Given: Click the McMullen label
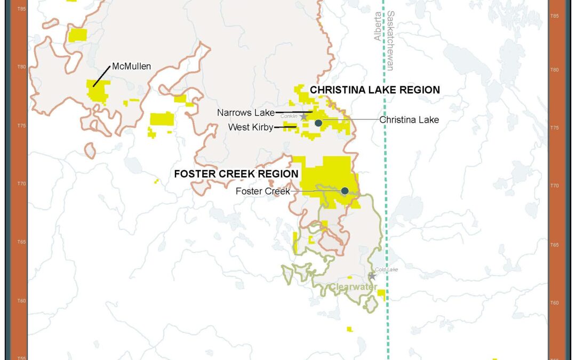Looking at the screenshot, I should click(131, 67).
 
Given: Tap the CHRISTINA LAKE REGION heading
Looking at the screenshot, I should click(375, 90).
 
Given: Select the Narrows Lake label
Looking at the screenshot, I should click(245, 113).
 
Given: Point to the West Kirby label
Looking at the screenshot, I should click(251, 127).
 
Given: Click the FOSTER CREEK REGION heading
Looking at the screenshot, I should click(236, 174).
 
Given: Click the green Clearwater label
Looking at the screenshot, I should click(349, 287).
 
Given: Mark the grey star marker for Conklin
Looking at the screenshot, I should click(303, 117).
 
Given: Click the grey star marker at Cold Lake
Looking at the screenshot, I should click(372, 276).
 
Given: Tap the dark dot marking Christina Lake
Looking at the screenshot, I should click(318, 123).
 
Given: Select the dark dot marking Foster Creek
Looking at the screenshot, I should click(345, 191).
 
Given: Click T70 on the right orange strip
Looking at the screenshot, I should click(554, 186).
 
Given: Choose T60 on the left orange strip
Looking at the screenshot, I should click(22, 301).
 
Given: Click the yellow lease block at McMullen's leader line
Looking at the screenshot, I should click(98, 91).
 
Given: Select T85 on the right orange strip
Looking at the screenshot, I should click(554, 17).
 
